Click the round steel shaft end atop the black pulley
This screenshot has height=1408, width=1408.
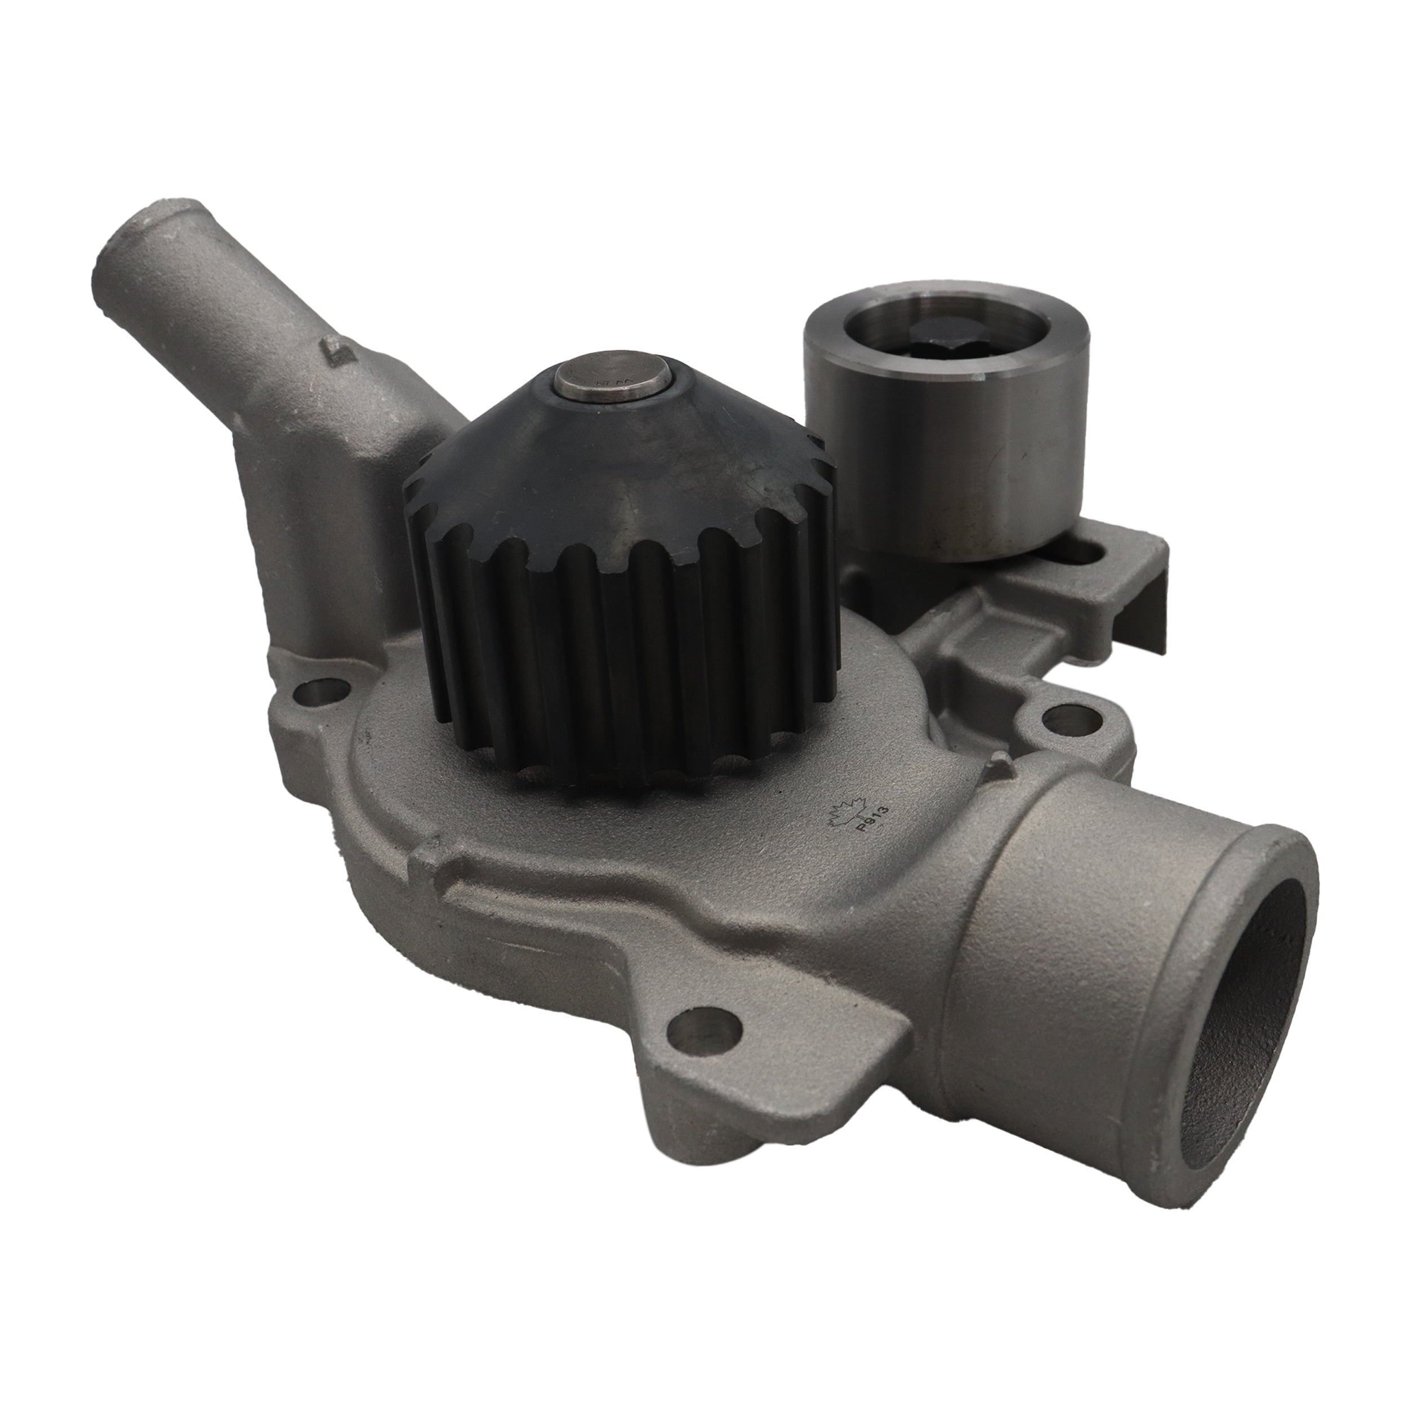(x=611, y=384)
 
